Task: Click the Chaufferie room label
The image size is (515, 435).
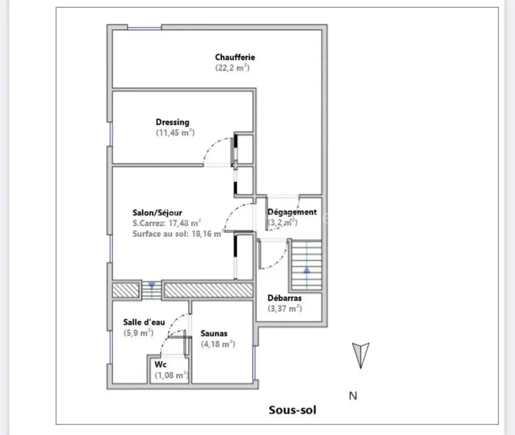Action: (235, 57)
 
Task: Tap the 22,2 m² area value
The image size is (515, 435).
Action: (232, 68)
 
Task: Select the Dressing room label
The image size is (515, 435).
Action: (172, 122)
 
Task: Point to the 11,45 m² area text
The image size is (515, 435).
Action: (175, 132)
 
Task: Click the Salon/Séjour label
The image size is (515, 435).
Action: (157, 213)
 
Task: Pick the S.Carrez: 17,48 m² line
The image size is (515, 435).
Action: (167, 223)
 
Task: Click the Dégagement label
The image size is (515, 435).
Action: (292, 212)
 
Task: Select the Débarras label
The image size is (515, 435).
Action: (284, 298)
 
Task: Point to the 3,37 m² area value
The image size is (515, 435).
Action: (284, 308)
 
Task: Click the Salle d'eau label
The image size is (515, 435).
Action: (144, 322)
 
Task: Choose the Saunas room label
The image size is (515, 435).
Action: (214, 334)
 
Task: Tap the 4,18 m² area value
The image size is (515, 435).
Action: (218, 344)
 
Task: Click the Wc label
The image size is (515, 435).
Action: (160, 365)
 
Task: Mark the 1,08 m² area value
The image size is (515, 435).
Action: (171, 375)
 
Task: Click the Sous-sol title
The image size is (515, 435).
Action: (292, 410)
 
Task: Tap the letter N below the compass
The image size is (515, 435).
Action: (353, 396)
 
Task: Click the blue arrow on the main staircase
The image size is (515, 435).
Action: (307, 270)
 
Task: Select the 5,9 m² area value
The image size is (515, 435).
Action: (138, 332)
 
